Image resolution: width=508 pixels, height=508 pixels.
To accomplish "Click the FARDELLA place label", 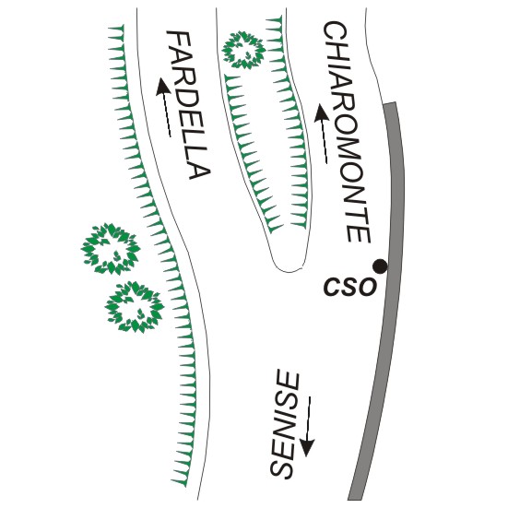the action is click(188, 105).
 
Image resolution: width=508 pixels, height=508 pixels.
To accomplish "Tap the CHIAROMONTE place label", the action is click(347, 132).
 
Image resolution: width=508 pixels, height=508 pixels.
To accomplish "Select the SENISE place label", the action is click(284, 425).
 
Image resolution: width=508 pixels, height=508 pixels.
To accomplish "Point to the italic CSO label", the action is click(350, 287).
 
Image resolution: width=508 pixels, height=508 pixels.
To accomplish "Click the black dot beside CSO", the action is click(380, 266).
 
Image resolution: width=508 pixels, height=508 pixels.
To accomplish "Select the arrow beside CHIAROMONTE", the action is click(322, 134).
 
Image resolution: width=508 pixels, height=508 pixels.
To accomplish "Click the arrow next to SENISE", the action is click(306, 426).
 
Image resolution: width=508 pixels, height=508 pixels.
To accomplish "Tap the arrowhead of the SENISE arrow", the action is click(306, 447).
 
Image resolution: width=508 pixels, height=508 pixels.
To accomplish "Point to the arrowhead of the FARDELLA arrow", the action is click(162, 86).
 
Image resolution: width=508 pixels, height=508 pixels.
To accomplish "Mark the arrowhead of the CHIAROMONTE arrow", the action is click(321, 112).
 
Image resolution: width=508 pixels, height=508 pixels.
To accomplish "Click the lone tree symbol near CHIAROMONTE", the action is click(243, 50).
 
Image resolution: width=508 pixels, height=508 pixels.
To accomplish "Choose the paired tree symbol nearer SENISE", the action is click(135, 306).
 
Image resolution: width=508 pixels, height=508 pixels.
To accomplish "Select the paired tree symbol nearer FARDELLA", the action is click(111, 249).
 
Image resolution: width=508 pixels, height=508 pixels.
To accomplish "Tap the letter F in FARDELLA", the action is click(178, 42).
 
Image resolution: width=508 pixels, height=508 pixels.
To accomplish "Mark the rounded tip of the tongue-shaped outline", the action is click(288, 270).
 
